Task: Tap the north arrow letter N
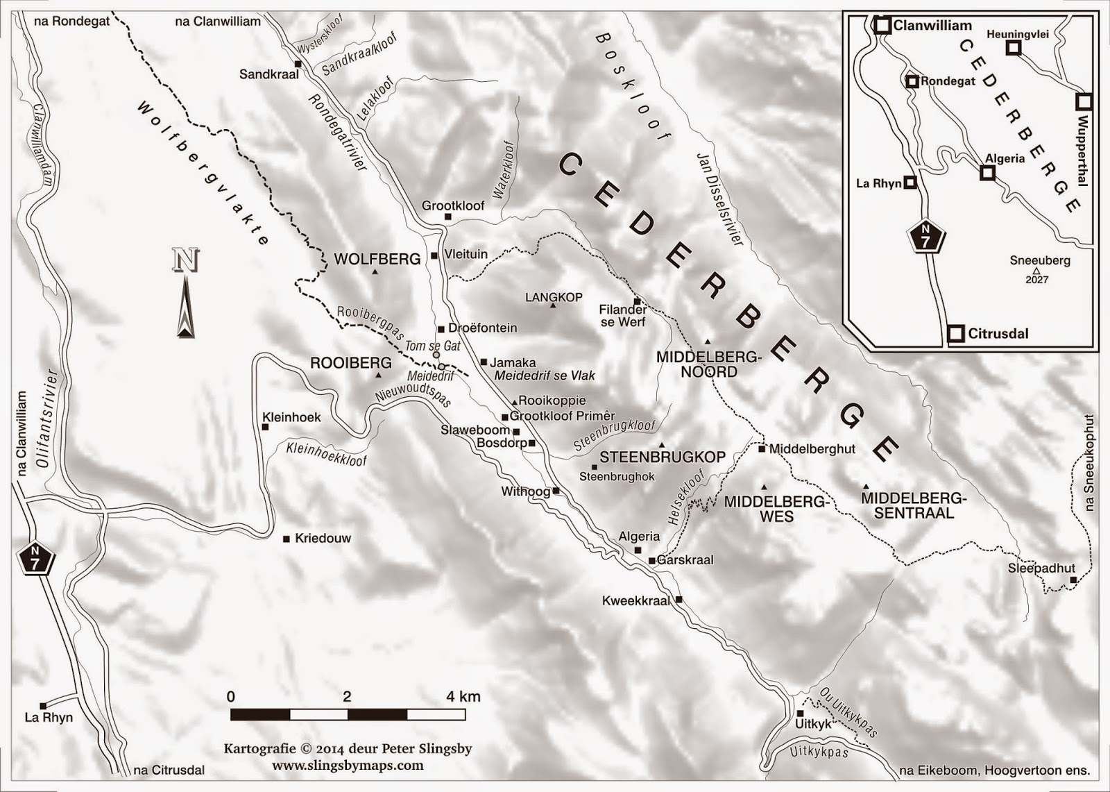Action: click(x=185, y=261)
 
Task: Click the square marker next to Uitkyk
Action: click(x=800, y=714)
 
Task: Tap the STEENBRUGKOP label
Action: click(x=662, y=457)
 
